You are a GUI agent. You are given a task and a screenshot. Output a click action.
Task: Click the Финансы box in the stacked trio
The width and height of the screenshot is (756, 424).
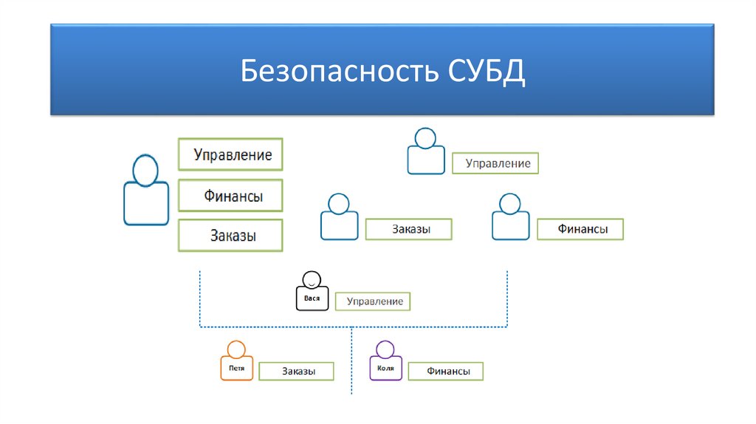point(230,196)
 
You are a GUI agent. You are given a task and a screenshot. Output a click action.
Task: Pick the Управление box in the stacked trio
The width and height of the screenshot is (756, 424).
point(230,155)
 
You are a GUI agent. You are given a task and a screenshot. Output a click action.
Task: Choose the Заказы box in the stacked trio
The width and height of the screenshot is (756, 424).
point(230,236)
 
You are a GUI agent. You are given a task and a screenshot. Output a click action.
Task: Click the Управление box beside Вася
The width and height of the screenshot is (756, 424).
point(372,301)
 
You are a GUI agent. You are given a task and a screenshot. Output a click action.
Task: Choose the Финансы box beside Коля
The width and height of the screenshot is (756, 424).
point(446,372)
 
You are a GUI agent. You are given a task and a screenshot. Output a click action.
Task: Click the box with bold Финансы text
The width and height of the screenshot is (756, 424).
point(581,230)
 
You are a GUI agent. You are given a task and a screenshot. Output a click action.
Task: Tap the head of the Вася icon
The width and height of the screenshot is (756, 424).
point(312,280)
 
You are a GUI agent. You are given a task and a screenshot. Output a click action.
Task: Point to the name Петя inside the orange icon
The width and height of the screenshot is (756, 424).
point(236,367)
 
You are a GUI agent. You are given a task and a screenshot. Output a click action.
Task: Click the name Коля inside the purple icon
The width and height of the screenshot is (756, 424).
point(385,367)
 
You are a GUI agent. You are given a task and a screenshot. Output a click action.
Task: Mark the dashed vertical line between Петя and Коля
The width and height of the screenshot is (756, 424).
point(351,362)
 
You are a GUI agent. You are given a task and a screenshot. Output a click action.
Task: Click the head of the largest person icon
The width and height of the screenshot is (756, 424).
point(145,171)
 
